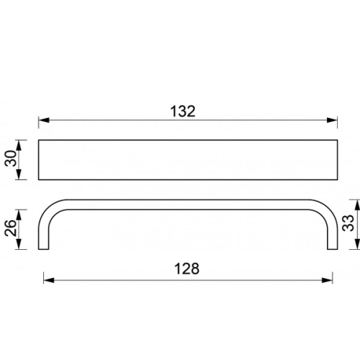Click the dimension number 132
click(x=183, y=112)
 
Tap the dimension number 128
click(x=186, y=269)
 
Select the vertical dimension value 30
click(x=11, y=158)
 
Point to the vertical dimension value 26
click(x=11, y=228)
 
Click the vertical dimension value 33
click(x=348, y=223)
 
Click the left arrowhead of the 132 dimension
click(x=44, y=120)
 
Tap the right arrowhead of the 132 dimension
click(x=332, y=120)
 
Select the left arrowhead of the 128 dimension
click(x=49, y=280)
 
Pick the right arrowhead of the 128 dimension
click(x=327, y=280)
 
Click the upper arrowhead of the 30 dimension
click(x=19, y=145)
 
